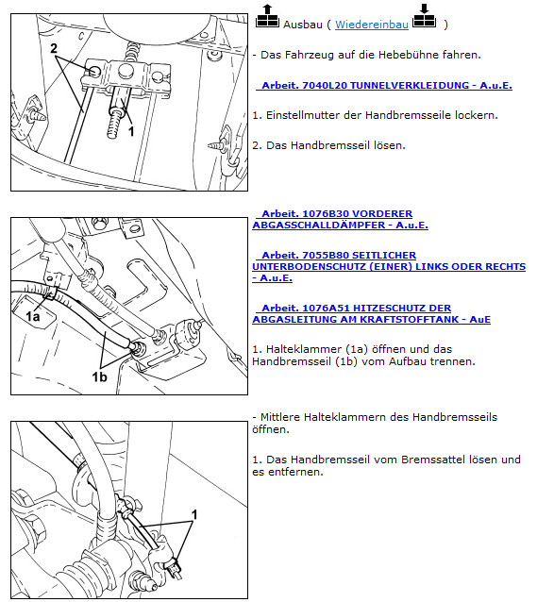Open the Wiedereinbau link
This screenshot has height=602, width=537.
click(x=372, y=25)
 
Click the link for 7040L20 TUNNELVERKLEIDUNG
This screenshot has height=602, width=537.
click(x=384, y=85)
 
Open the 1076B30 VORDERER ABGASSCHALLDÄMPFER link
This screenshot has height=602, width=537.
click(x=340, y=219)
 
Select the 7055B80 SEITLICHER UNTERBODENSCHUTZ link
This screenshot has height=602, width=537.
click(x=389, y=266)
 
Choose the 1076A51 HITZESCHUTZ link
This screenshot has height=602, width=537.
click(x=371, y=313)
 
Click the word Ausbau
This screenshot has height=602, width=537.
click(x=303, y=25)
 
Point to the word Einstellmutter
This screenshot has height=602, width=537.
click(x=299, y=115)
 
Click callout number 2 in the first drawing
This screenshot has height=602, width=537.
click(x=54, y=48)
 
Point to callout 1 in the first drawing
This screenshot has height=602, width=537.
click(x=131, y=132)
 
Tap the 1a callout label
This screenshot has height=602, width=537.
click(x=33, y=316)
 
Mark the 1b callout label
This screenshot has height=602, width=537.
click(x=99, y=377)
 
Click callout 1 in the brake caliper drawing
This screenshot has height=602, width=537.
click(x=194, y=514)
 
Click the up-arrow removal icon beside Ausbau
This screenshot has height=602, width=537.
click(x=267, y=16)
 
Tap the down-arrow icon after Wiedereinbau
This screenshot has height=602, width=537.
click(x=424, y=16)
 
